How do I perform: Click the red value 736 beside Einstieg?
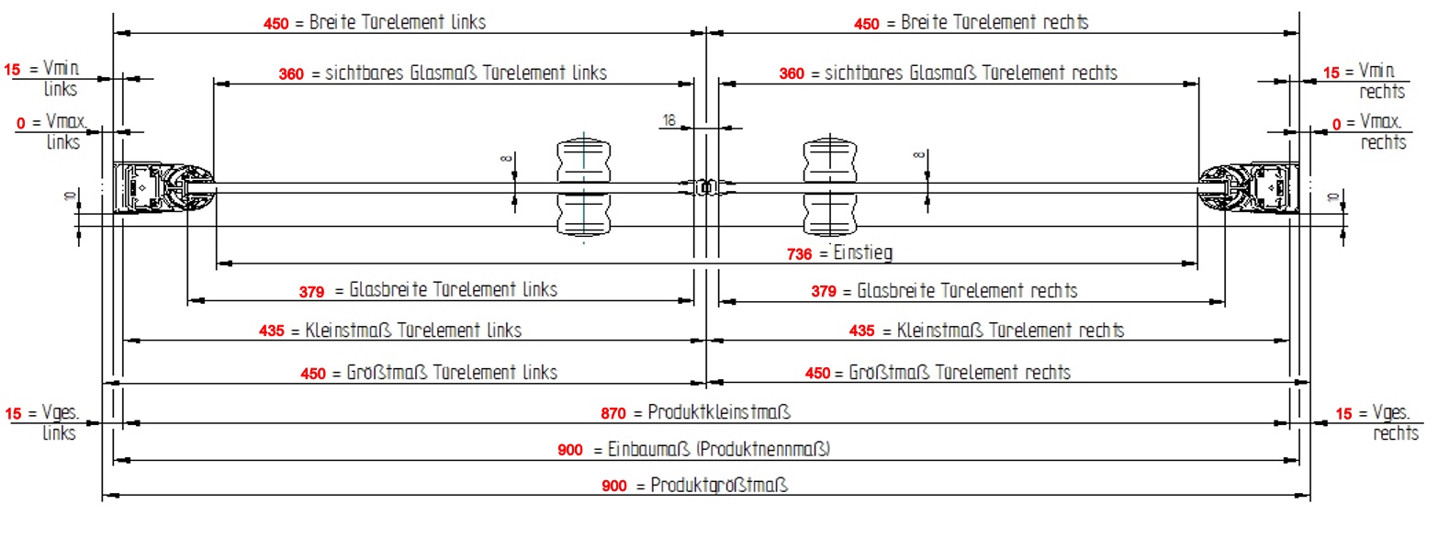tap(799, 254)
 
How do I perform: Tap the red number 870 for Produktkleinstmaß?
tap(613, 413)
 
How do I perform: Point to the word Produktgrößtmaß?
tap(719, 486)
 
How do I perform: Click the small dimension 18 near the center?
tap(668, 120)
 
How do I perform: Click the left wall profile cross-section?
tap(163, 187)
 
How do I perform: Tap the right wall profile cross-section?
tap(1249, 187)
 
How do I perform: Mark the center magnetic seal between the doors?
tap(706, 186)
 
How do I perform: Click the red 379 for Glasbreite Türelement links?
tap(311, 292)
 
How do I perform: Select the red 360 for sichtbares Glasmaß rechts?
tap(792, 73)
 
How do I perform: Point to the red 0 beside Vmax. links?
tap(21, 123)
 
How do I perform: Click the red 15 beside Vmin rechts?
tap(1331, 73)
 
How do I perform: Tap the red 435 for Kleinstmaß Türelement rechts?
tap(861, 331)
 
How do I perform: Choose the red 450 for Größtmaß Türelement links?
tap(313, 374)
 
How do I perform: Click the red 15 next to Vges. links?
tap(13, 413)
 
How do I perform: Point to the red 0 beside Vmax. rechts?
tap(1337, 124)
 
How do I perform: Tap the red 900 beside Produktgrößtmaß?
tap(614, 486)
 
